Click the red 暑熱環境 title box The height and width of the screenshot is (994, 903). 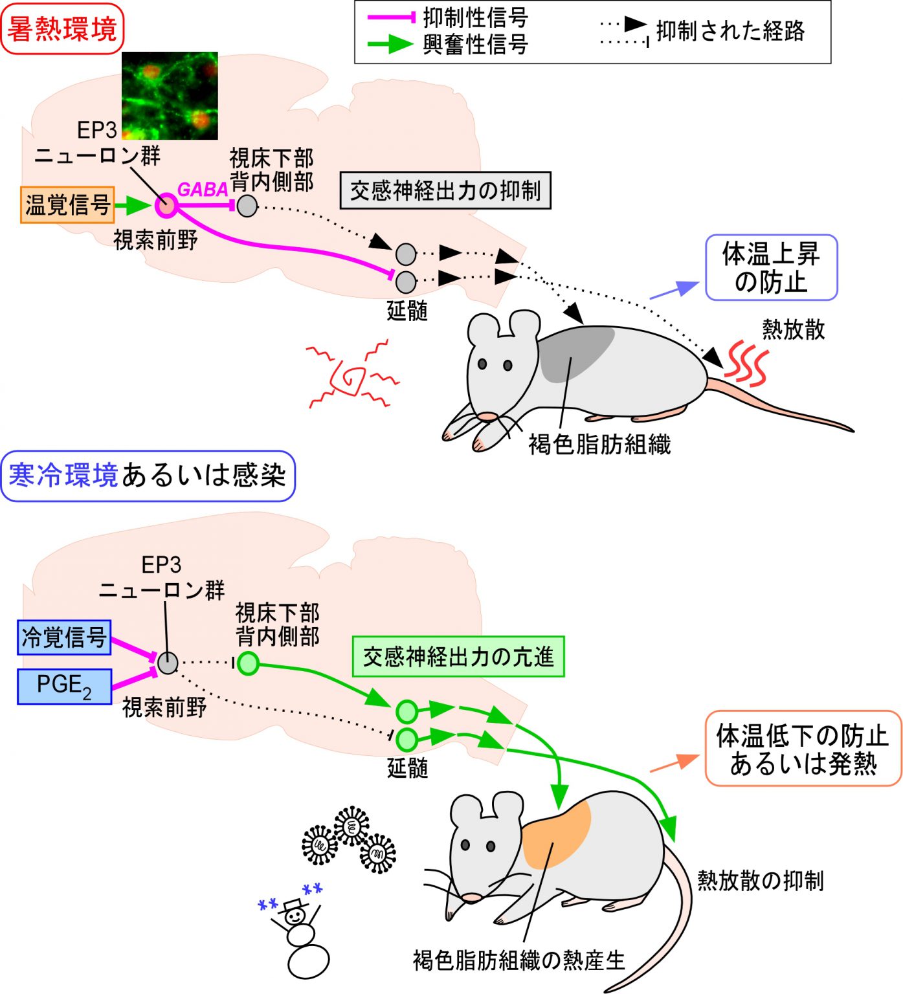coord(62,29)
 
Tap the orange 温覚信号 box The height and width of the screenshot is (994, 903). coord(67,205)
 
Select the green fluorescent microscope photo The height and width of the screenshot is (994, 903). coord(170,96)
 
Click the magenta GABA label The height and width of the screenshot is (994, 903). coord(203,190)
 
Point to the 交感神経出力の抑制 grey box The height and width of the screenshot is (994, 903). coord(445,191)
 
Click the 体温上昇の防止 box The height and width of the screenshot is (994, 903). coord(771,268)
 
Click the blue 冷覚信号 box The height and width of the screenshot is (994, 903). coord(64,637)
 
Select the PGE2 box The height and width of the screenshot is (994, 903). coord(64,686)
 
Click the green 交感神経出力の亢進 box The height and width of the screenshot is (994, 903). coord(458,657)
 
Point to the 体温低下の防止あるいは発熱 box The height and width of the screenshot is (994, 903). coord(803,749)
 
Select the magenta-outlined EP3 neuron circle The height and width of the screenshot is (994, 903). coord(166,206)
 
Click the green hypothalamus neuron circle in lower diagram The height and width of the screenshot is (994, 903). coord(247,663)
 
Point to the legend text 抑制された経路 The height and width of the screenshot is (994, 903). coord(730,31)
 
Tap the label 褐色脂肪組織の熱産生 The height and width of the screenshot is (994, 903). coord(519,960)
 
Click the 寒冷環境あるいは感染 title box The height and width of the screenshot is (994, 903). coord(148,476)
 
